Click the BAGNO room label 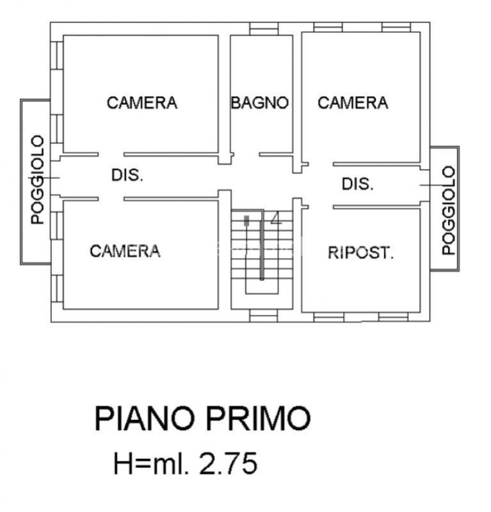(x=260, y=102)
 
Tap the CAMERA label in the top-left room (x=142, y=102)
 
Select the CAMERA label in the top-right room (x=353, y=102)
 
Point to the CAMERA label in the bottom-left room (x=125, y=251)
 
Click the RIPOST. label (x=360, y=253)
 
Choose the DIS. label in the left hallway (x=127, y=175)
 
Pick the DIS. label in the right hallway (x=357, y=184)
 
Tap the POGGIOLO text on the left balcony (x=38, y=180)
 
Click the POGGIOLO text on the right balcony (x=449, y=210)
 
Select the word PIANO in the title (x=144, y=419)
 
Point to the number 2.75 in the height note (x=229, y=463)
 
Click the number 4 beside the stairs (x=276, y=220)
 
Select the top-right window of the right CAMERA (x=396, y=28)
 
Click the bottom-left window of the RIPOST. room (x=329, y=316)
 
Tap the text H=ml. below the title (x=151, y=463)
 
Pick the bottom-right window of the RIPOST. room (x=393, y=316)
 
